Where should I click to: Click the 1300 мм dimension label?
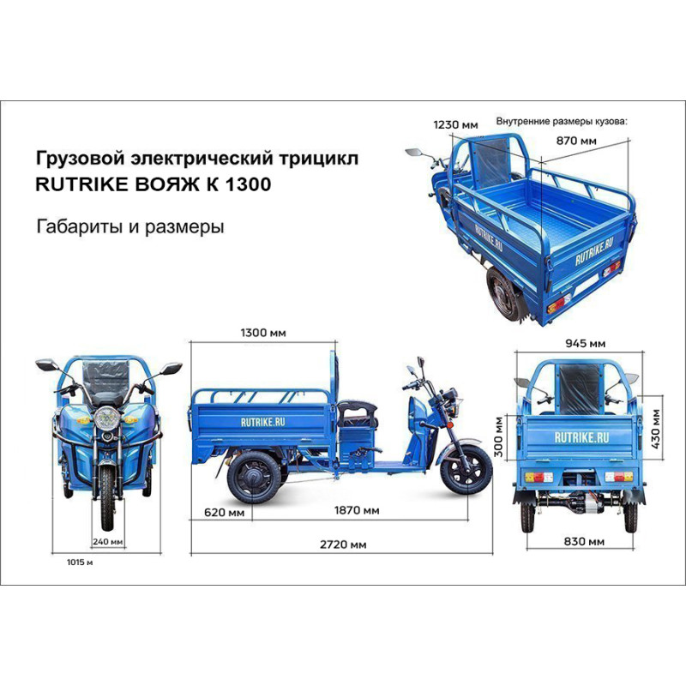pos(263,333)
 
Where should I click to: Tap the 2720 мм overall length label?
pos(343,545)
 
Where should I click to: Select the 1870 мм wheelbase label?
pos(357,510)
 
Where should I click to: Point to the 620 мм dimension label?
pos(224,511)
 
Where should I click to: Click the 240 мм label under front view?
pos(108,542)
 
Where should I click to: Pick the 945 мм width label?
pos(586,344)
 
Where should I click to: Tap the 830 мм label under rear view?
pos(584,542)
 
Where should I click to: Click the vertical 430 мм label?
pos(656,429)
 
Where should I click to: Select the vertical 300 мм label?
pos(499,436)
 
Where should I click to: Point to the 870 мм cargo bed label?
pos(576,141)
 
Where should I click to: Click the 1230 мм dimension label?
pos(456,125)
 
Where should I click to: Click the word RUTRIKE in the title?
pos(81,184)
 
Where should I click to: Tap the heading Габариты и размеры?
pos(130,226)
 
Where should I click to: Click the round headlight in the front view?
pos(106,418)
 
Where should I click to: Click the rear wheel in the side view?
pos(254,477)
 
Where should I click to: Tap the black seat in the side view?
pos(358,413)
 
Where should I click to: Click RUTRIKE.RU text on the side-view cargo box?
pos(263,422)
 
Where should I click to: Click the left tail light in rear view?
pos(539,477)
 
